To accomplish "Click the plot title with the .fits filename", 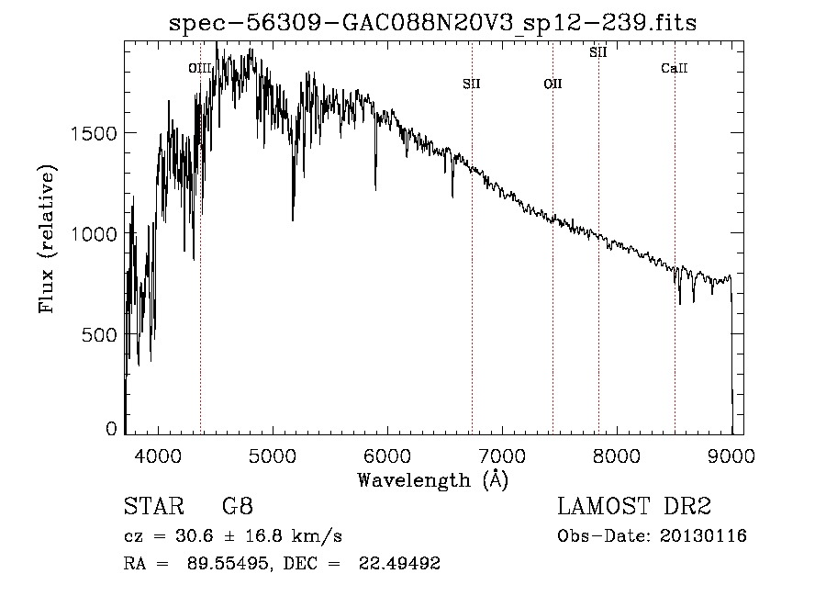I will tap(434, 24).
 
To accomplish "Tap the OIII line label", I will tap(199, 68).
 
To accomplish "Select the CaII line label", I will tap(675, 68).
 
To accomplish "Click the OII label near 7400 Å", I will tap(553, 84).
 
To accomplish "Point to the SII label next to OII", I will tap(472, 84).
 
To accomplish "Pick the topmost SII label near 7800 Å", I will tap(598, 52).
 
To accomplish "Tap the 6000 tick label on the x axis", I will tap(387, 455).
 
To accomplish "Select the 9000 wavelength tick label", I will tap(731, 455).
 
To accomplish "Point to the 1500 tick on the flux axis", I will tap(94, 133).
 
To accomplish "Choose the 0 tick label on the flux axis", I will tap(111, 429).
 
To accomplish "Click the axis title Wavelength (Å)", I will tap(432, 478).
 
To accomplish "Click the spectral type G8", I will tap(238, 508).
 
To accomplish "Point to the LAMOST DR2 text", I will tap(634, 508).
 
